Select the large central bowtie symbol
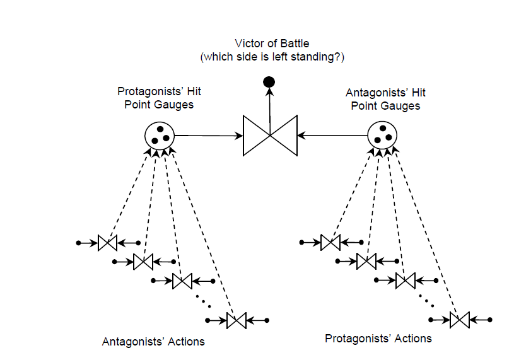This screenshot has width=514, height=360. pos(270,135)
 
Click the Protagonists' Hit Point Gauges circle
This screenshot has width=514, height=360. pos(160,134)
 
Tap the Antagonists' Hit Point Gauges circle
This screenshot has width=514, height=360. pos(383,134)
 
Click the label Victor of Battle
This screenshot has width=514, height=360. pos(272,44)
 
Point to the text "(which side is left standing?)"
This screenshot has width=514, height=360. pos(272,57)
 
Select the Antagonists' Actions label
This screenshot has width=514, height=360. pos(153,342)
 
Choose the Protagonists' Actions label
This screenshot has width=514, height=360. pos(378,339)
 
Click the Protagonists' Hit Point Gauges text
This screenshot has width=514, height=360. pos(159,98)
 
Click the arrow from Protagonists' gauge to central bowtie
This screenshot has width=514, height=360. pos(208,135)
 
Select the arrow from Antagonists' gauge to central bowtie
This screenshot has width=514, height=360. pos(332,135)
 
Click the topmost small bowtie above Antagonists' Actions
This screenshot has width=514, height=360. pos(108,243)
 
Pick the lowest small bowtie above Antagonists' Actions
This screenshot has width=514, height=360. pos(237,321)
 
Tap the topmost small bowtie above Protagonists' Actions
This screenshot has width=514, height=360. pos(330,243)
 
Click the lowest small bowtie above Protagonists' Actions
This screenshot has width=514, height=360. pos(460,320)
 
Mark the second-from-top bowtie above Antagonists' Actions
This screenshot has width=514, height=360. pos(144,260)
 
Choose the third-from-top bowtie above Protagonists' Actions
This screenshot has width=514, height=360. pos(405,280)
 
